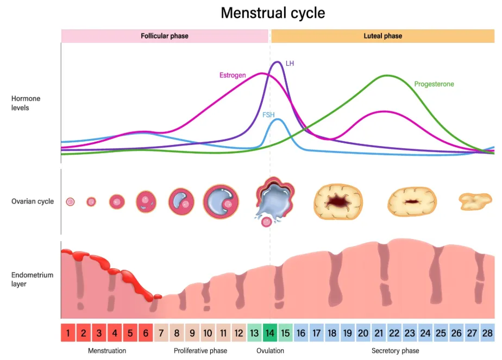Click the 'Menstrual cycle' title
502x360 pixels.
273,13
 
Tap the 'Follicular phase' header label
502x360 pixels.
165,36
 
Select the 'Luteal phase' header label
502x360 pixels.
382,36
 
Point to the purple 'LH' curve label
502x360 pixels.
290,64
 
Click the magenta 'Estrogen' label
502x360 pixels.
233,75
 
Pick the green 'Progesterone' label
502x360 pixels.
434,84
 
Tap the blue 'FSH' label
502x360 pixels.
268,115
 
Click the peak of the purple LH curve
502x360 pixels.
277,62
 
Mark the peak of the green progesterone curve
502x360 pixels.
387,76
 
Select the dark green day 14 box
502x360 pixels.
269,333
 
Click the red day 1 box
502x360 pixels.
68,333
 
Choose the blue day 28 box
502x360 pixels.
487,333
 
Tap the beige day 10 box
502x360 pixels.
208,333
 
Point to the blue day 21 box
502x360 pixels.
379,333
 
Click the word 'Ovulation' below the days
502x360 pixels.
270,351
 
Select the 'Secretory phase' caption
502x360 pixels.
395,351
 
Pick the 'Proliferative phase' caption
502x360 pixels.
200,351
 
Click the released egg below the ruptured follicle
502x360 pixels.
266,222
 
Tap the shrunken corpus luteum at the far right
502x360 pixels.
475,201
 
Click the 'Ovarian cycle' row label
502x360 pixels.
33,201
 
